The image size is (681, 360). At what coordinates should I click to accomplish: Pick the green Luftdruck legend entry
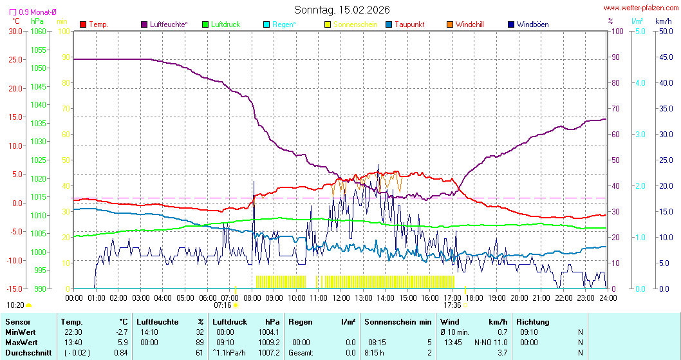[225, 24]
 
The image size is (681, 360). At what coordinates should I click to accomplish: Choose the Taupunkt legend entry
[409, 24]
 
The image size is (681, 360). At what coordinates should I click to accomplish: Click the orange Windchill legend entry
[469, 24]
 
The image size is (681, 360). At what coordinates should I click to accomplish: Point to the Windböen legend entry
[532, 24]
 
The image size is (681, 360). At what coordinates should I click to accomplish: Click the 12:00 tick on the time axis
[341, 298]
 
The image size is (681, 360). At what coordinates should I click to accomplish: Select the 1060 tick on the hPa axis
[38, 31]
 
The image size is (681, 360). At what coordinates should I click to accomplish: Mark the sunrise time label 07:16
[222, 305]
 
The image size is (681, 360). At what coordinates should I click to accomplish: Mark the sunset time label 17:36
[452, 305]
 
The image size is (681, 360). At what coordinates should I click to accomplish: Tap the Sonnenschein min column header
[398, 321]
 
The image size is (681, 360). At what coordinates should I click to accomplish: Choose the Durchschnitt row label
[28, 352]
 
